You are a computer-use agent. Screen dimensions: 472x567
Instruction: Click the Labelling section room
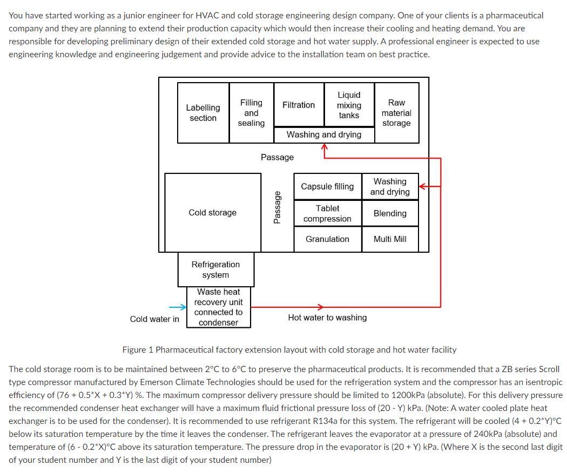point(203,113)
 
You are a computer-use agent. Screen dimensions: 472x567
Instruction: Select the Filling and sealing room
point(251,113)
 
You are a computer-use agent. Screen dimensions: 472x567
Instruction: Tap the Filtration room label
point(299,105)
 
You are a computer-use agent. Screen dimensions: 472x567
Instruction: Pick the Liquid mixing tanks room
point(349,105)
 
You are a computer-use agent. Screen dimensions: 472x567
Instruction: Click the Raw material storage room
point(396,113)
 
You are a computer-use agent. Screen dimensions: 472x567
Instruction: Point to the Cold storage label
point(212,213)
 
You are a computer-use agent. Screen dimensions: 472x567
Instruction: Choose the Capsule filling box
point(327,186)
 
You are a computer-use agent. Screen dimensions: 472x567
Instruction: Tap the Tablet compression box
point(327,213)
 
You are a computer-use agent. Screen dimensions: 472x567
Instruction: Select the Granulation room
point(327,239)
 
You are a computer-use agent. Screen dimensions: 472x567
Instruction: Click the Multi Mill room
point(390,239)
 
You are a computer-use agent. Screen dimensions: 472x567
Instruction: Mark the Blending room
point(390,213)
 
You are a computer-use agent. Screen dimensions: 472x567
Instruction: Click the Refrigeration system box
point(215,269)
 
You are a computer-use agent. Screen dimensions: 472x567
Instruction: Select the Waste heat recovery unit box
point(219,307)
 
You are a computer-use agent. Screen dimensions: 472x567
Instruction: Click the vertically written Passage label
point(277,207)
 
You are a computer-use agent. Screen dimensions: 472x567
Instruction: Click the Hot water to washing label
point(327,318)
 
